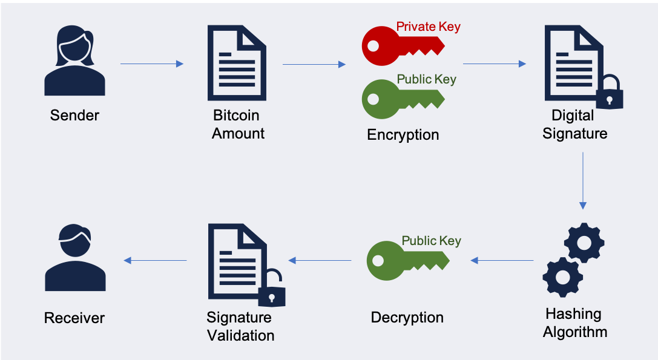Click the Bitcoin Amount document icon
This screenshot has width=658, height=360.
coord(237,63)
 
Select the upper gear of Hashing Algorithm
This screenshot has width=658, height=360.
coord(584,243)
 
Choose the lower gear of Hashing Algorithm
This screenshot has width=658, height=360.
coord(563,277)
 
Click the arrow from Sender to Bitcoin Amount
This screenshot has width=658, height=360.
coord(152,64)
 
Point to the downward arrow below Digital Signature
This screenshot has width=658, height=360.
coord(583,180)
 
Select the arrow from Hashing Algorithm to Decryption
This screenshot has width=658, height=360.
coord(502,261)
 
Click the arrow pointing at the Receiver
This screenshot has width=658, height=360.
coord(155,261)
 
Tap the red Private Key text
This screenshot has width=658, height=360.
coord(429,27)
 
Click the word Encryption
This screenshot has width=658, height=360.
coord(403,135)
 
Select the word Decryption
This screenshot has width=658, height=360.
coord(407,317)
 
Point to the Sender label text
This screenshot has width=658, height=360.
coord(74,115)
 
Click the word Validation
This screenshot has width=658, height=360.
coord(241,335)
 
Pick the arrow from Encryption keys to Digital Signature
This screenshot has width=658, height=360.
coord(495,64)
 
